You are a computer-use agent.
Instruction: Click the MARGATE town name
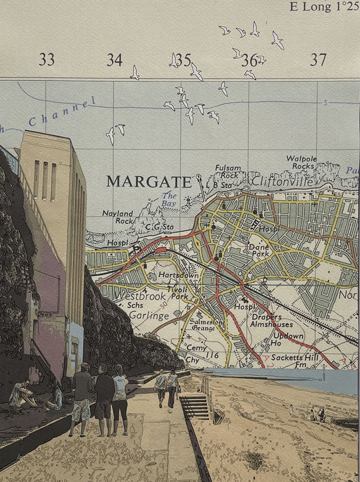point(148,182)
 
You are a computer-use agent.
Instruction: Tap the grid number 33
point(46,60)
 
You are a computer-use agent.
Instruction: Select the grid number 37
point(318,60)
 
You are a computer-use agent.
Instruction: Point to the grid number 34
point(114,60)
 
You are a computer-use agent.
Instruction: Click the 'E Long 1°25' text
point(324,7)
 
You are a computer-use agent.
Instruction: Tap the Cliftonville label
point(279,181)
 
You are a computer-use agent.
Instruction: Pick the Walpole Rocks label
point(302,162)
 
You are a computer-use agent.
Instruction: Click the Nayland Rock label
point(118,217)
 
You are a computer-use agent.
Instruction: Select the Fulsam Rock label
point(228,171)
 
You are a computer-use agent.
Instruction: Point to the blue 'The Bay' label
point(169,199)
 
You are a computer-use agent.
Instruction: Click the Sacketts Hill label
point(294,358)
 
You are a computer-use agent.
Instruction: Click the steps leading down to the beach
point(195,407)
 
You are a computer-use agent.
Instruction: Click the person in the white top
point(120,399)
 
